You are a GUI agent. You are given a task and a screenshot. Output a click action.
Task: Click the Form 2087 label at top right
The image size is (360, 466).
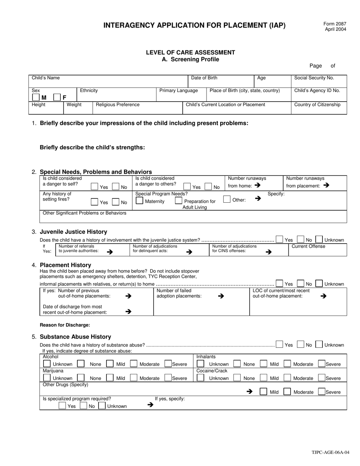pos(335,23)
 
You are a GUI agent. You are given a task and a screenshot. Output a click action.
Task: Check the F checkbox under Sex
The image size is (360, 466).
pos(57,97)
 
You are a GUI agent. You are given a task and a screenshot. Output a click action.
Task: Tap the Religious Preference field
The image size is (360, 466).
pos(138,108)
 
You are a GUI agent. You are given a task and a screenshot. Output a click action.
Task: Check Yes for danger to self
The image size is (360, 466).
pos(95,186)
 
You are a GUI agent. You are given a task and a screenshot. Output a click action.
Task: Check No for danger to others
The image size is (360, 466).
pos(208,186)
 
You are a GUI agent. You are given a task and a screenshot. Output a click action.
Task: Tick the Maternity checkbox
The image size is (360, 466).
pos(139,201)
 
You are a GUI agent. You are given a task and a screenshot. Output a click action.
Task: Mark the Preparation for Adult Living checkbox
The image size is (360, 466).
pos(179,201)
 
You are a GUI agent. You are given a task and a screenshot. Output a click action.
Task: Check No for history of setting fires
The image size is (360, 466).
pos(116,202)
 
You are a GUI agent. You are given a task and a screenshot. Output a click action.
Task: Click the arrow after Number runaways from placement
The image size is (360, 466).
pos(327,186)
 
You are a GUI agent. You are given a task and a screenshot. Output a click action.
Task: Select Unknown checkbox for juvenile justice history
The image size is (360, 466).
pos(319,239)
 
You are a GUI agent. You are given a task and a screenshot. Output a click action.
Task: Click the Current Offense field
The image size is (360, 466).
pos(318,250)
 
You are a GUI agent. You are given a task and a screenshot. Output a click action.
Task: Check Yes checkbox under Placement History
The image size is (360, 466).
pos(279,283)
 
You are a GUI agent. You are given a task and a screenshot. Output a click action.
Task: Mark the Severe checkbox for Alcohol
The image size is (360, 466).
pos(168,364)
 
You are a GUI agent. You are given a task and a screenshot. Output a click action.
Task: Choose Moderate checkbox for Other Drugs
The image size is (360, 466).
pos(287,392)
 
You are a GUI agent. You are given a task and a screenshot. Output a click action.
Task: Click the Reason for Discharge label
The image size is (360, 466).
pos(65,325)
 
